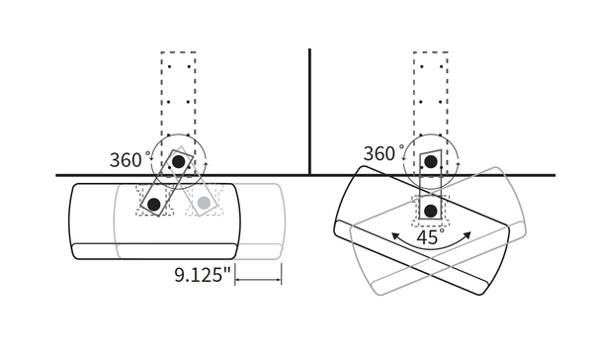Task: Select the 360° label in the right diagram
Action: click(383, 153)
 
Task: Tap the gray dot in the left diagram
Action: click(204, 203)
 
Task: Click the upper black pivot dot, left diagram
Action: click(178, 160)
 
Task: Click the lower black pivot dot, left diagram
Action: click(155, 204)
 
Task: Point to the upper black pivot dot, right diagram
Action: click(431, 160)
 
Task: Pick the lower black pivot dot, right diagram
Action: click(431, 210)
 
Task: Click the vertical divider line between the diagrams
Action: click(310, 109)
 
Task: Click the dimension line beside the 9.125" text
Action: click(260, 280)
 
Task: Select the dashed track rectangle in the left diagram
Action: click(179, 89)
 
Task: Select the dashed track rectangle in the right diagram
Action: click(431, 89)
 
